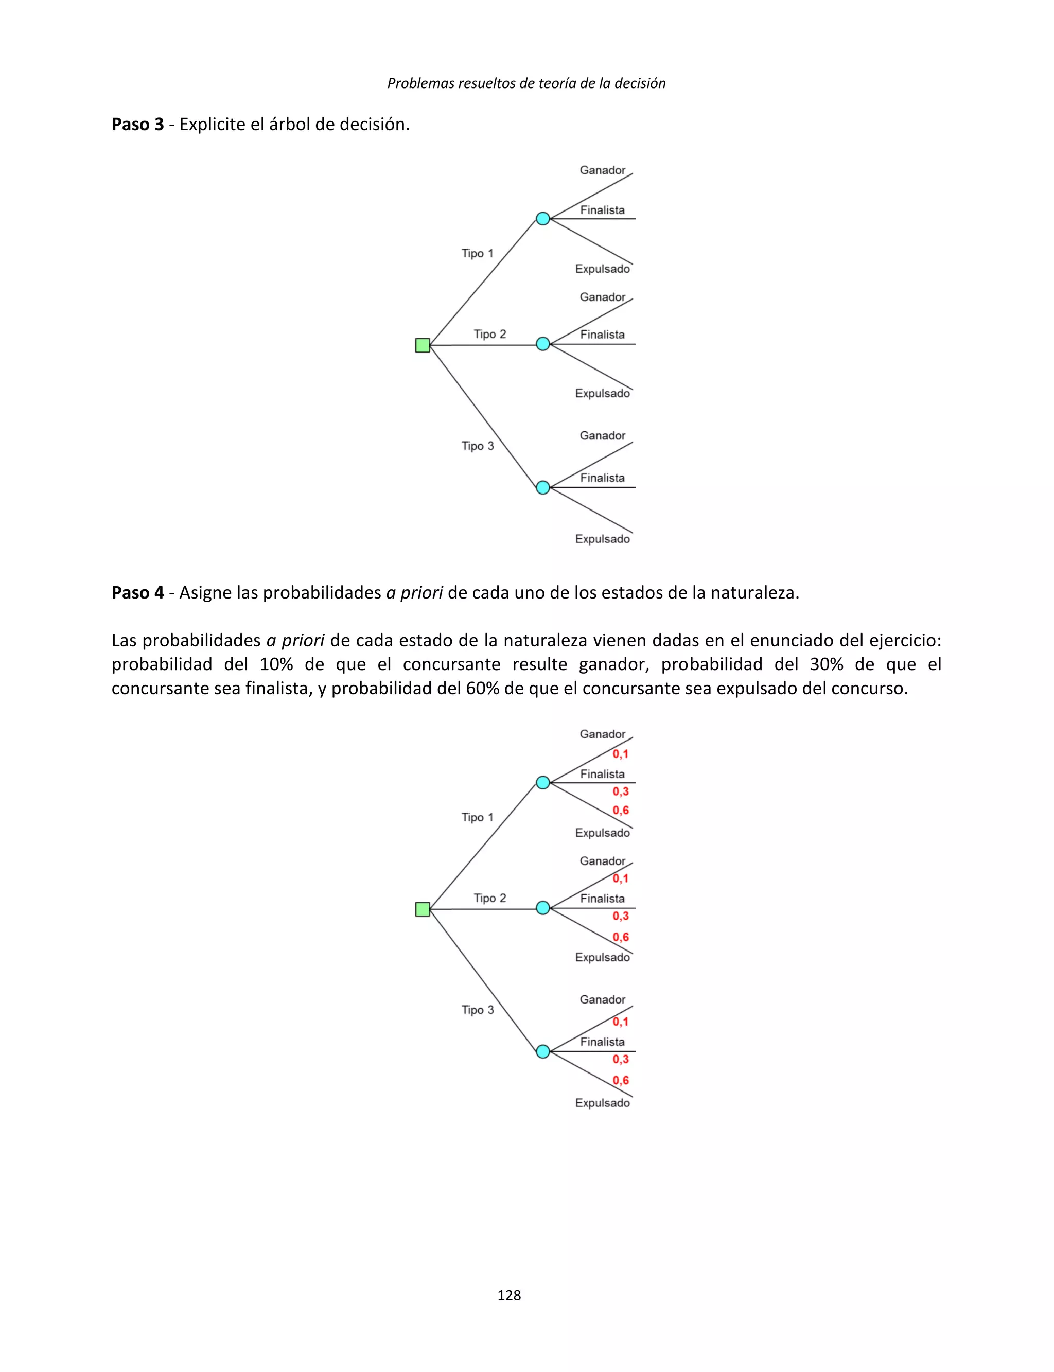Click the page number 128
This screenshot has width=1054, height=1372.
pyautogui.click(x=509, y=1295)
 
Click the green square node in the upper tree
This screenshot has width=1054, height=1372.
pyautogui.click(x=422, y=345)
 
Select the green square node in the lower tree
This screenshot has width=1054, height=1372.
pyautogui.click(x=422, y=909)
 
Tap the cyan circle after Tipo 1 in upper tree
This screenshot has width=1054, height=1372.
pyautogui.click(x=542, y=218)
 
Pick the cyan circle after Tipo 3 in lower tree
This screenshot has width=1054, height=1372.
pyautogui.click(x=542, y=1051)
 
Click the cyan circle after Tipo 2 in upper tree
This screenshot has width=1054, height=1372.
pyautogui.click(x=542, y=344)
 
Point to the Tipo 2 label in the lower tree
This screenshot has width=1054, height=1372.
pyautogui.click(x=489, y=898)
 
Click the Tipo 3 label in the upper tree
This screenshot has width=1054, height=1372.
pyautogui.click(x=478, y=446)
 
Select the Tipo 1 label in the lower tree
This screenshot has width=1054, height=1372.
pyautogui.click(x=478, y=817)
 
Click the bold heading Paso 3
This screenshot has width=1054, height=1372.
pyautogui.click(x=137, y=124)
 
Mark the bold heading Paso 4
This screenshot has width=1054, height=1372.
pyautogui.click(x=137, y=592)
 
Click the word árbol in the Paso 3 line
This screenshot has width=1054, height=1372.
pyautogui.click(x=289, y=124)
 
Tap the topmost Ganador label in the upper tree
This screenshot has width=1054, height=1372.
pyautogui.click(x=602, y=170)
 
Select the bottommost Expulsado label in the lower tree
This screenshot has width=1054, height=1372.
pyautogui.click(x=602, y=1103)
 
